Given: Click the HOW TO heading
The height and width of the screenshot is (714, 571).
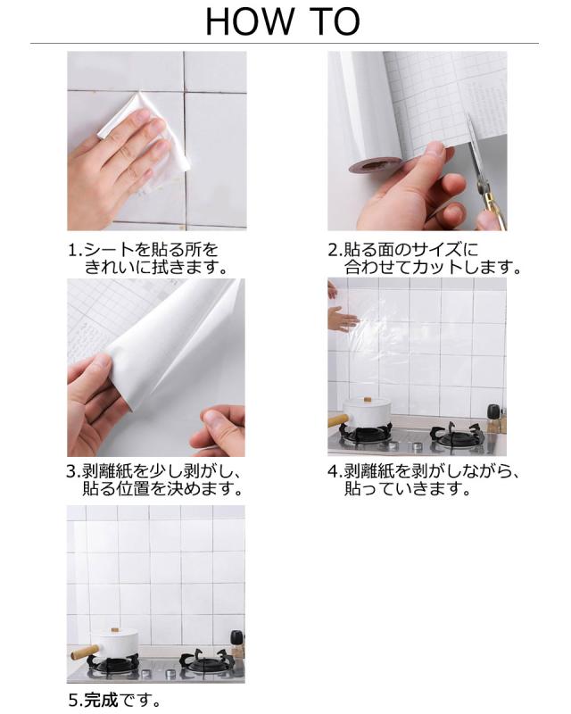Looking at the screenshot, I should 284,21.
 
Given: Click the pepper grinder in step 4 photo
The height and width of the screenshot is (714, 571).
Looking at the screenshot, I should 492,418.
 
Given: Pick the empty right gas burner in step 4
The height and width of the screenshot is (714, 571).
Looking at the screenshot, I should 457,436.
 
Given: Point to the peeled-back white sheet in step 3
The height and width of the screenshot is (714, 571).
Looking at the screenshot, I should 170,348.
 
